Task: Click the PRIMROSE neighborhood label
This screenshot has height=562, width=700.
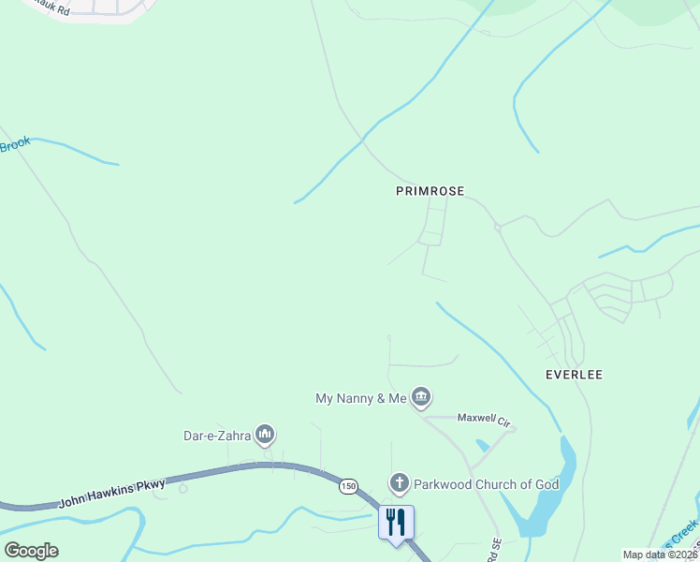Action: pyautogui.click(x=430, y=190)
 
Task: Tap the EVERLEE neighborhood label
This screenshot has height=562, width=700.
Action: pyautogui.click(x=574, y=375)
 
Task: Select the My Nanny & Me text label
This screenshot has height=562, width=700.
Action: pyautogui.click(x=360, y=399)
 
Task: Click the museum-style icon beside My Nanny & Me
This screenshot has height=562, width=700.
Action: pyautogui.click(x=421, y=398)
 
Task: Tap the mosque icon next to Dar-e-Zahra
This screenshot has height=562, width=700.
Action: pyautogui.click(x=265, y=434)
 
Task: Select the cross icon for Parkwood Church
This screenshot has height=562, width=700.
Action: pyautogui.click(x=399, y=484)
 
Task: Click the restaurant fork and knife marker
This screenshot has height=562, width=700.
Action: pyautogui.click(x=395, y=522)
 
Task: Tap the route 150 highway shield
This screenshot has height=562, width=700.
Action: pyautogui.click(x=348, y=486)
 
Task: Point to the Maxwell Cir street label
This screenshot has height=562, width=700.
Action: pyautogui.click(x=483, y=421)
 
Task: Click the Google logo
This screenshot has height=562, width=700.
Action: pyautogui.click(x=31, y=551)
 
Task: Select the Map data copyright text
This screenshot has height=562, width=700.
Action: pyautogui.click(x=661, y=555)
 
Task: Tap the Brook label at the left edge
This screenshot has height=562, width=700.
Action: pyautogui.click(x=15, y=144)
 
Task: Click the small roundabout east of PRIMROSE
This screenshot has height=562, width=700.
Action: pyautogui.click(x=498, y=227)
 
